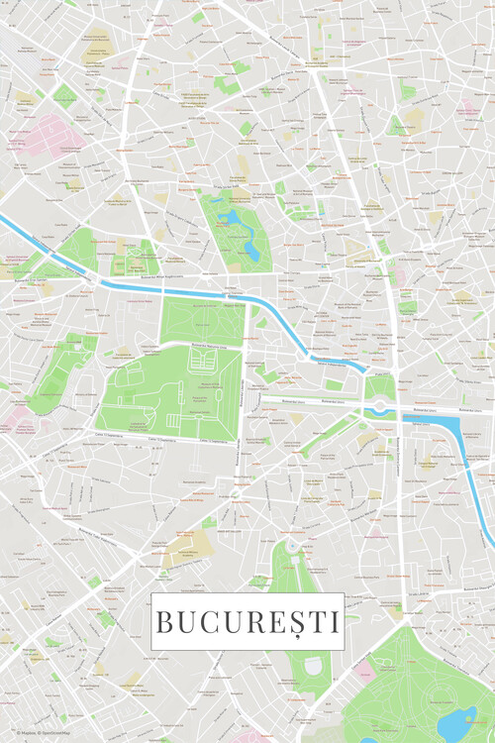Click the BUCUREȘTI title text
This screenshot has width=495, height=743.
[x=247, y=622]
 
